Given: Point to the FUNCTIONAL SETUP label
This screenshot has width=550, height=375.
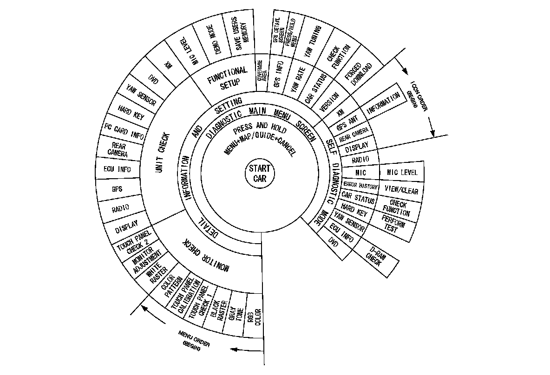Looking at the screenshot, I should pos(228,77).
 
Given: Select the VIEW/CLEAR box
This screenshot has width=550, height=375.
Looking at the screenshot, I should pos(401,190).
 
